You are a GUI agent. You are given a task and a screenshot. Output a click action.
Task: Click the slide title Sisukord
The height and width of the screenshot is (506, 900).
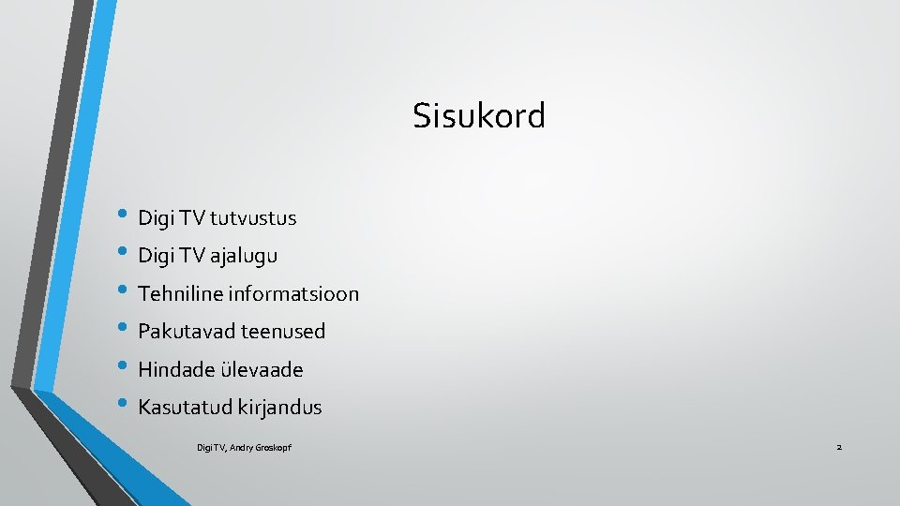(479, 116)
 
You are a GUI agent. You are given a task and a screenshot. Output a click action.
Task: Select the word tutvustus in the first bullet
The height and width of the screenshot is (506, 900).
(253, 218)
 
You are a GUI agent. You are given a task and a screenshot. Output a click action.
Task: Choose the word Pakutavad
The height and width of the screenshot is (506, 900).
(186, 331)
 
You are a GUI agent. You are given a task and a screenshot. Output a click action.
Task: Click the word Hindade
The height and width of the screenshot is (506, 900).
(175, 369)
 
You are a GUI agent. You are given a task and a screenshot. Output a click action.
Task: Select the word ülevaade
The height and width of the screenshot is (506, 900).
(262, 369)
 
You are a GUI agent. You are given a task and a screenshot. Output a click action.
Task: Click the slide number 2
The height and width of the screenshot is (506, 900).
(839, 448)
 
